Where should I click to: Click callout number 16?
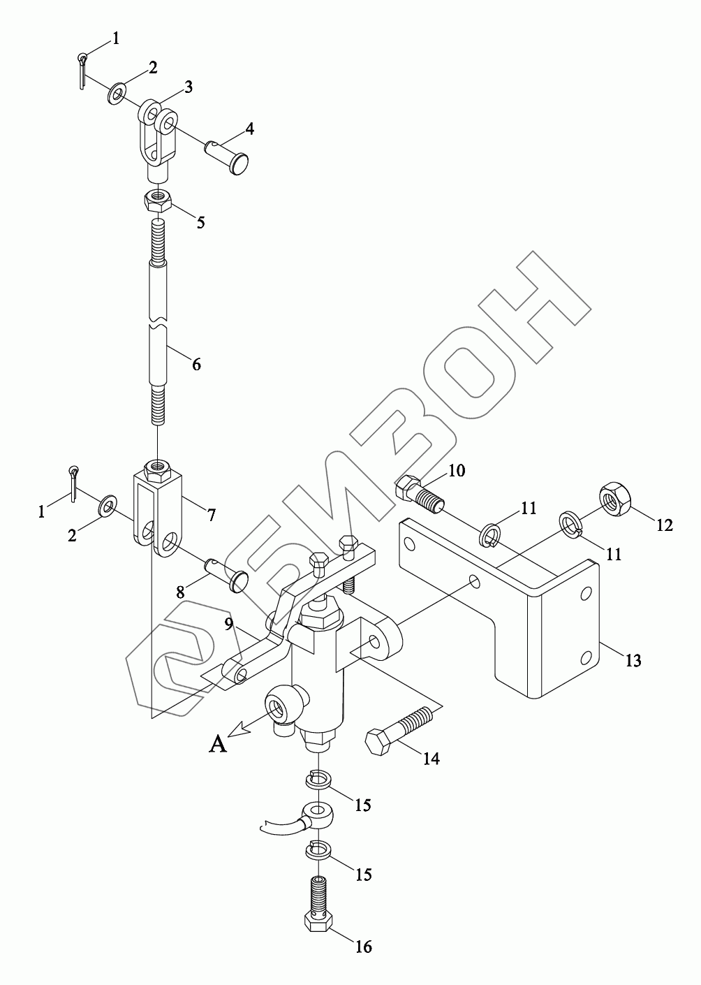click(363, 947)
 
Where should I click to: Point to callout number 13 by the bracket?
click(633, 660)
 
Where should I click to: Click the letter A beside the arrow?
click(218, 745)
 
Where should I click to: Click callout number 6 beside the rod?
click(196, 364)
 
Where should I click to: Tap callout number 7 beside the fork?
click(209, 515)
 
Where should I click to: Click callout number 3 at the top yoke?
click(188, 87)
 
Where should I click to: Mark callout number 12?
click(665, 525)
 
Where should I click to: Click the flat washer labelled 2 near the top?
click(117, 92)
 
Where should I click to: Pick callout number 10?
click(456, 470)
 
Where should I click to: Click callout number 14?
click(431, 757)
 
